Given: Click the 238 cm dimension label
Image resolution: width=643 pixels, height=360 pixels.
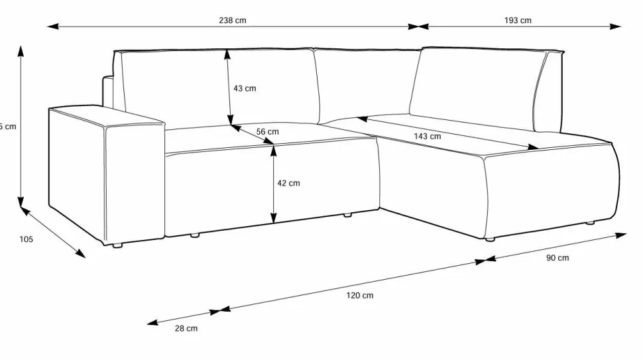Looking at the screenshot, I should point(233,20).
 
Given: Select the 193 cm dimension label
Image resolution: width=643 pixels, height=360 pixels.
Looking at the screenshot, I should point(518,20).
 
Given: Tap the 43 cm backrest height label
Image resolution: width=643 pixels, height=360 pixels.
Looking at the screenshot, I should point(245,88).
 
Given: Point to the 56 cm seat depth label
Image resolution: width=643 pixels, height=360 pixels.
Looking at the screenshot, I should point(268,131).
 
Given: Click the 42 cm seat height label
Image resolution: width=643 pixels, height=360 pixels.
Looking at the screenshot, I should point(288,183).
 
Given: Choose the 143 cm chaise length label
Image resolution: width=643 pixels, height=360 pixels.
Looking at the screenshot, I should point(428,136).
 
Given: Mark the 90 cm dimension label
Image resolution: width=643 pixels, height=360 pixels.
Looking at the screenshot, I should point(557,258).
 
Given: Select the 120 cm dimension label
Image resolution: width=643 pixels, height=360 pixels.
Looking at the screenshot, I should point(359,295).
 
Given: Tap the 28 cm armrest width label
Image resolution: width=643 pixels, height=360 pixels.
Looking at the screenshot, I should point(186,328).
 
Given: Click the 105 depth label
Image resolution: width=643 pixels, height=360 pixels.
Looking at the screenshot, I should point(26,239).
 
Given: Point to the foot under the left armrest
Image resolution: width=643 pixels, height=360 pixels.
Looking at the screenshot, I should point(117,246).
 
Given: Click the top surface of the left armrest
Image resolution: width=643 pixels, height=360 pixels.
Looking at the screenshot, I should point(106,116).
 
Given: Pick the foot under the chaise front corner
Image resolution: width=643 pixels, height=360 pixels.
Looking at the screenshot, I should point(489,239).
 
